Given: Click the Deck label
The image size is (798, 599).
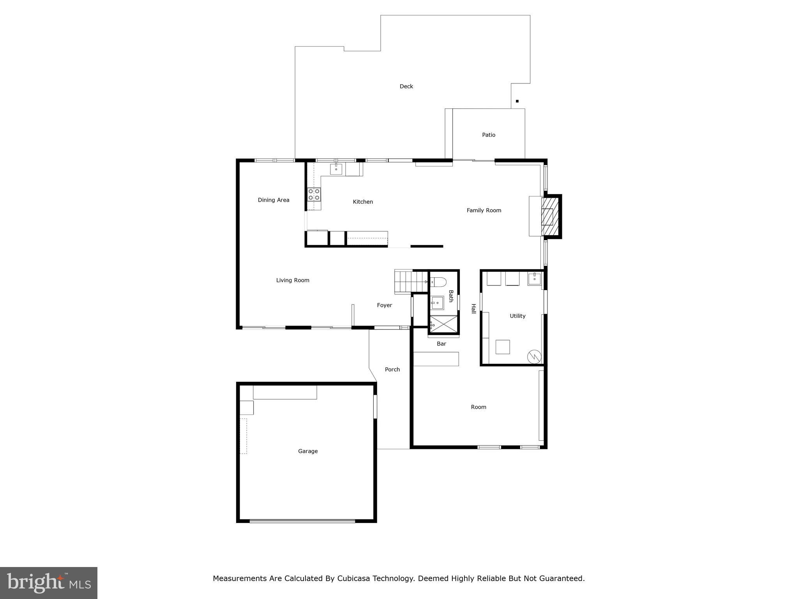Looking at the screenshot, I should click(x=406, y=86).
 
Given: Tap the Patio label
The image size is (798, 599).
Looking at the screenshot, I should click(x=488, y=135).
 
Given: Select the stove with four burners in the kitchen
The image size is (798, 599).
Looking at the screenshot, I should click(x=314, y=194).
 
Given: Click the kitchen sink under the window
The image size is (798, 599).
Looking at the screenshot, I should click(x=336, y=169).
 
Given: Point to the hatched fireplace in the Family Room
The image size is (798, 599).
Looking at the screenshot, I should click(x=550, y=216).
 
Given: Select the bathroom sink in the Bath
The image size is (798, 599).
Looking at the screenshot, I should click(x=437, y=303).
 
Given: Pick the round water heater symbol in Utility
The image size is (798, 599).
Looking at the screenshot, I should click(x=534, y=356).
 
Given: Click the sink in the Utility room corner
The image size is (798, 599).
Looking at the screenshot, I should click(x=534, y=279).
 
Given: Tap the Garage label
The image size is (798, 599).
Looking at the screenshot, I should click(x=308, y=451).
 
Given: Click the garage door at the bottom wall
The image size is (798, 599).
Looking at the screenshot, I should click(x=302, y=521).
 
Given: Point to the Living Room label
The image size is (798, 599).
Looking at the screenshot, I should click(x=293, y=280).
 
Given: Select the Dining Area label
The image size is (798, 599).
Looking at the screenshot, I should click(x=274, y=200).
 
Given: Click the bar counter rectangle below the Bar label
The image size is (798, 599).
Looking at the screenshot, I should click(x=436, y=359).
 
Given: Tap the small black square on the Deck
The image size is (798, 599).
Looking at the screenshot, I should click(x=517, y=101).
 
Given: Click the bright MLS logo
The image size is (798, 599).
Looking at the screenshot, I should click(x=49, y=583).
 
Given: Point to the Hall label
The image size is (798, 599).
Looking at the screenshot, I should click(x=473, y=309).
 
